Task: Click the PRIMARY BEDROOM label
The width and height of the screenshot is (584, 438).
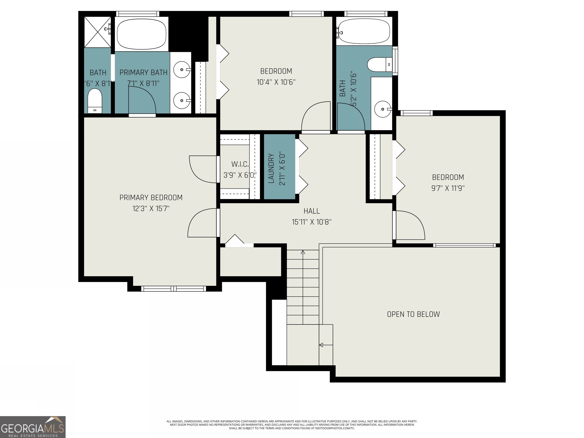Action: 151,198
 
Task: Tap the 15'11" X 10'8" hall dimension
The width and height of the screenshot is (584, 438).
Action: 312,222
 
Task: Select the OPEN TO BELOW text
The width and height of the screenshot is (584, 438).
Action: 413,314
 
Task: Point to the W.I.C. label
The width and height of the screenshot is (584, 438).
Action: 240,164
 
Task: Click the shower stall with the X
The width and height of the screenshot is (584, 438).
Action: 97,32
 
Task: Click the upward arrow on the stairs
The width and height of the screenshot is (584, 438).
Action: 303,252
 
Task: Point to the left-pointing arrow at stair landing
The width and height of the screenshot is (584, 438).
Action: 321,345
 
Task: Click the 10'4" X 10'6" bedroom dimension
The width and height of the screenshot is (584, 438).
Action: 276,82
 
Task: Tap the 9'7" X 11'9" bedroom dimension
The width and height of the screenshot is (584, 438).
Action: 448,188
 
